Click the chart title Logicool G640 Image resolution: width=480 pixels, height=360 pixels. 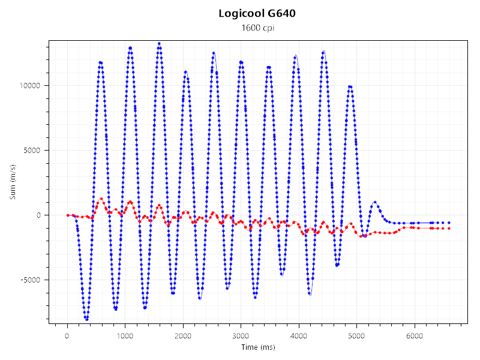point(257,14)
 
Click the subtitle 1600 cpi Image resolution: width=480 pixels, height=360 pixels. point(257,28)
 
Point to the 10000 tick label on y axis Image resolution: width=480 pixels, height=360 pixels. point(28,85)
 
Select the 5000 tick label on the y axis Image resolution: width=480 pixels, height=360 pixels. point(31,150)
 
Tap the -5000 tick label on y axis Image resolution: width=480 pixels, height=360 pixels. point(29,280)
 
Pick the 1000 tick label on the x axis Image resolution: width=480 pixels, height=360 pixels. point(125,337)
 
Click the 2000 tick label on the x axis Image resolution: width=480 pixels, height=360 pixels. point(183,337)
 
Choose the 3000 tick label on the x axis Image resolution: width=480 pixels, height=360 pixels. point(241,337)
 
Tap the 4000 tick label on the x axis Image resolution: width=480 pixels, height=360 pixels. point(299,337)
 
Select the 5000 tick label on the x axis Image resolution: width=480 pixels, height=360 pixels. point(356,337)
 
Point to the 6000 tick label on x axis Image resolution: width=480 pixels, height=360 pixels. point(415,337)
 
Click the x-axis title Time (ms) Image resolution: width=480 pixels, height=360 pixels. point(257,347)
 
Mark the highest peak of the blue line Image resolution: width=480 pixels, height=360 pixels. point(159,43)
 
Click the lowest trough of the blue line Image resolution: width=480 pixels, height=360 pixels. point(86,319)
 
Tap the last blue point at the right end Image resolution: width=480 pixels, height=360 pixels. point(449,223)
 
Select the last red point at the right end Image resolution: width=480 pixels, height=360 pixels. point(449,229)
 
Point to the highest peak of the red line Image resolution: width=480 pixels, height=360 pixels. point(101,199)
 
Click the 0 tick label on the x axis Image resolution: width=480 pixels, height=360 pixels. point(67,337)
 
